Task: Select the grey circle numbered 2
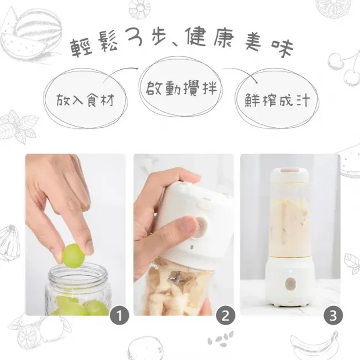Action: click(x=224, y=316)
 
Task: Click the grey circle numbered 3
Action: click(x=331, y=316)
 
